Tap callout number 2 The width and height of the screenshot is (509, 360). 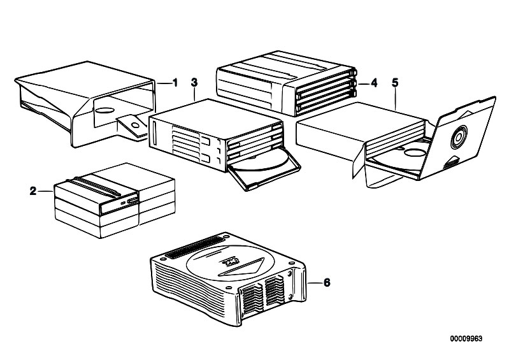33,190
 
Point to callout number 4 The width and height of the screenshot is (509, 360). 374,83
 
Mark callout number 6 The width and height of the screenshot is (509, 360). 327,280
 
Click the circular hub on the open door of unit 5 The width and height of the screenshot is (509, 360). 460,136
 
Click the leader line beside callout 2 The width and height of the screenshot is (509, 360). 46,190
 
